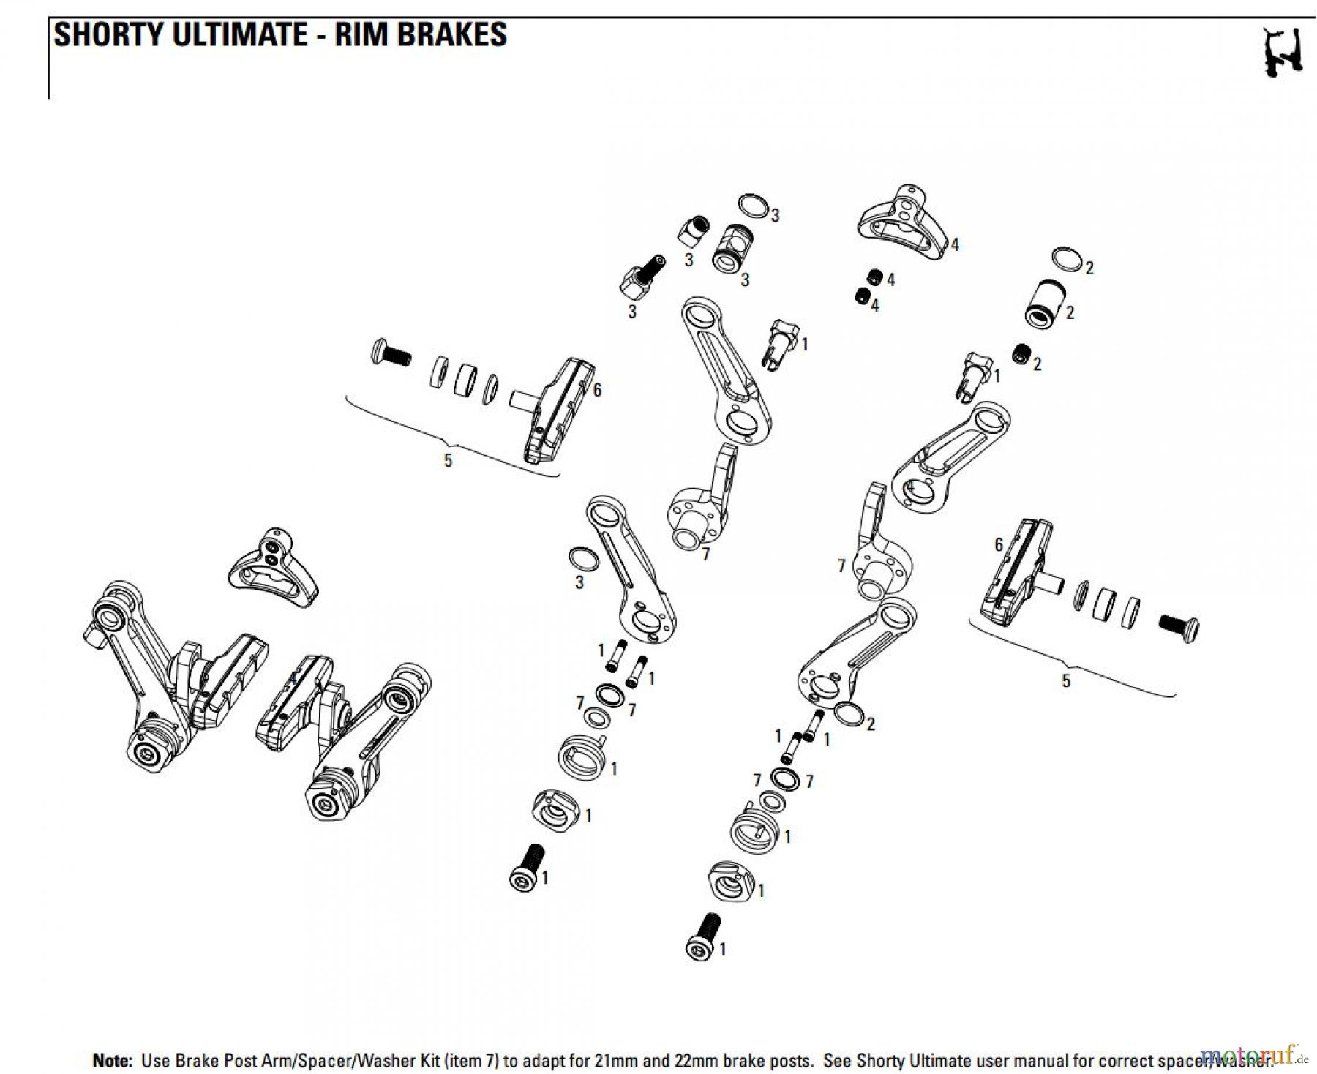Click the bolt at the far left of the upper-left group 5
coord(390,353)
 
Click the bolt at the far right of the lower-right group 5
coord(1179,627)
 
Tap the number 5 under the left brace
coord(448,460)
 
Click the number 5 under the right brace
coord(1065,681)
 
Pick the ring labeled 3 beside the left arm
coord(583,559)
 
